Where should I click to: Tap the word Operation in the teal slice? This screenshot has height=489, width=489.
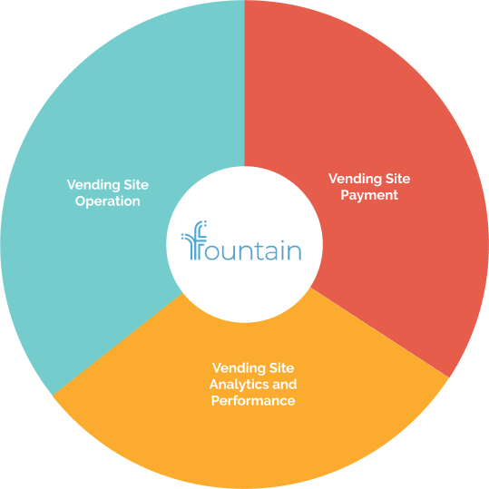click(108, 201)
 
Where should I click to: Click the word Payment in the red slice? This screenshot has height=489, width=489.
click(369, 195)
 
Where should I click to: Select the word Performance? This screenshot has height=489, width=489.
click(253, 400)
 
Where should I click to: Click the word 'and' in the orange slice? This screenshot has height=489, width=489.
click(285, 384)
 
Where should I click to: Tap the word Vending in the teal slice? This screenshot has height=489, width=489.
click(93, 185)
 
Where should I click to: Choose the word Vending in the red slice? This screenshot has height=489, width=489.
click(355, 179)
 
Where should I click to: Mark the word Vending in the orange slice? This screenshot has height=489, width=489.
click(239, 368)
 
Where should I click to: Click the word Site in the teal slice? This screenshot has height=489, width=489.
click(136, 185)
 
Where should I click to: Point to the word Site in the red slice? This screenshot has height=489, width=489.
click(397, 179)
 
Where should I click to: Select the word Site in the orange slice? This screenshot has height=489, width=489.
click(281, 367)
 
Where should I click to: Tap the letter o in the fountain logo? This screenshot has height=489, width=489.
click(213, 251)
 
